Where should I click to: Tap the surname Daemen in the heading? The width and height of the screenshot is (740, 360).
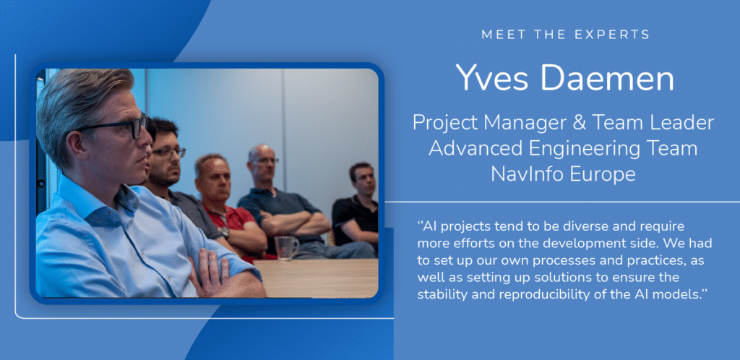coord(603,78)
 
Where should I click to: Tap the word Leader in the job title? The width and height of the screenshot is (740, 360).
coord(683,123)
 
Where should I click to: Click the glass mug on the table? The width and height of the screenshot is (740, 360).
coord(287,247)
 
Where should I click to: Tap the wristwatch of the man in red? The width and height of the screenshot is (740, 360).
coord(225,232)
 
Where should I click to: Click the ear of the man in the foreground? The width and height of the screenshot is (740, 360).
coord(77,146)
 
